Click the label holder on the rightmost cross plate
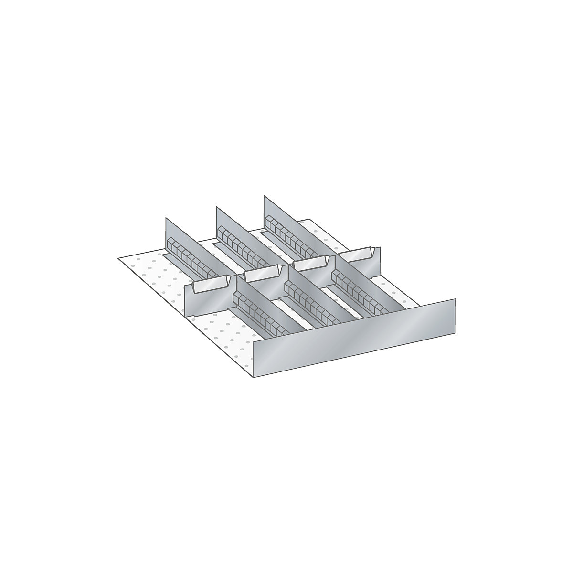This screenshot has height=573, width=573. (x=356, y=255)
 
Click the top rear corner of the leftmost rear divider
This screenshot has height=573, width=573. (x=166, y=218)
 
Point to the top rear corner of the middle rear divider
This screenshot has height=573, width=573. (x=216, y=206)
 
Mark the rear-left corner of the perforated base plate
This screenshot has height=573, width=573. (x=118, y=258)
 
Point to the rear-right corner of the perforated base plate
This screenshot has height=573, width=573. (x=310, y=219)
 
